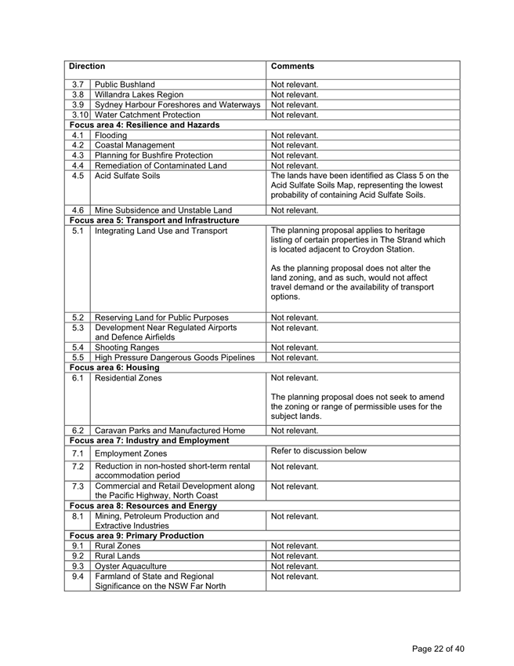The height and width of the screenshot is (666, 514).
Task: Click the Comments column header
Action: pos(292,67)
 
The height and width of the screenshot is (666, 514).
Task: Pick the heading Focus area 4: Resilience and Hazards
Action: pos(143,125)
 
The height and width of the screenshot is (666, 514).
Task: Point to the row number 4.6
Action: pos(78,209)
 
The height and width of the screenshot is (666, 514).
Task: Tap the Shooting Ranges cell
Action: pos(127,347)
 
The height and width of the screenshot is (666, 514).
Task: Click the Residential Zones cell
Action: pos(128,377)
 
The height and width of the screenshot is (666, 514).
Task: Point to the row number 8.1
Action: pos(78,516)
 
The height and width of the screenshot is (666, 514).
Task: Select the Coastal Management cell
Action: pos(134,145)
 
